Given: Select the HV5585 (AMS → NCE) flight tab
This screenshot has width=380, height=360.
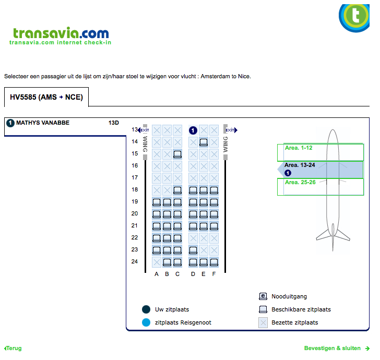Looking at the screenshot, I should click(46, 97).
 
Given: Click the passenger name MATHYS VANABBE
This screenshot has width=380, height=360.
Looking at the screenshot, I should click(43, 123).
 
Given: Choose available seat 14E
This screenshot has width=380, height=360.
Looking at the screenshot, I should click(204, 141).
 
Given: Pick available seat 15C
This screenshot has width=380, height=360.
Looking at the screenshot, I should click(177, 154).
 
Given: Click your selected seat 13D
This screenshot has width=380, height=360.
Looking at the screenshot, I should click(193, 130).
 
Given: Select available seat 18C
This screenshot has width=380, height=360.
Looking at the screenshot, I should click(177, 190).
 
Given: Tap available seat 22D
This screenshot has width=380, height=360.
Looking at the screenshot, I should click(193, 238).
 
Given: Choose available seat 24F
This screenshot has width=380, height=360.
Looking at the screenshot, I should click(214, 262).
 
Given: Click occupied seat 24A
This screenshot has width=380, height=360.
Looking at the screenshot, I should click(157, 262).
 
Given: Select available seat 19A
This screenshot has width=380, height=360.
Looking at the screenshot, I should click(157, 202).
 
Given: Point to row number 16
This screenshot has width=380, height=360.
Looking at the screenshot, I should click(135, 165).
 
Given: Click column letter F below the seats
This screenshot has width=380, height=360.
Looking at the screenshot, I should click(214, 274).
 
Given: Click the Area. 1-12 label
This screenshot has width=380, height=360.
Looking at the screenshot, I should click(299, 148).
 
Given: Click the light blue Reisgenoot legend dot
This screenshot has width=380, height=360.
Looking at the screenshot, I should click(146, 322).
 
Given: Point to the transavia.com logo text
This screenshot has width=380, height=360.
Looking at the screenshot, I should click(61, 33).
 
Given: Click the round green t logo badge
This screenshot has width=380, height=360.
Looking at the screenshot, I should click(357, 16).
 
